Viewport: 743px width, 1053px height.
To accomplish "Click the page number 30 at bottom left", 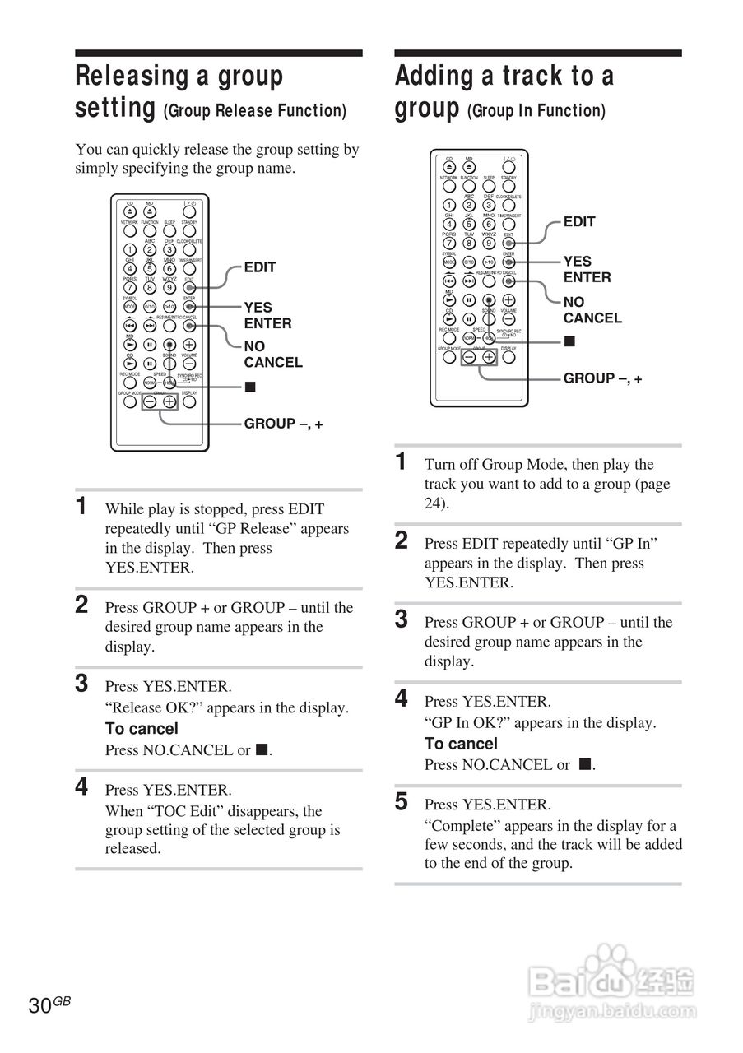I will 39,1005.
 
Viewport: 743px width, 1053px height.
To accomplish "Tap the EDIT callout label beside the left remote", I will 260,267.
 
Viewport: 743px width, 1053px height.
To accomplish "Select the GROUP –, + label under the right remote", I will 602,378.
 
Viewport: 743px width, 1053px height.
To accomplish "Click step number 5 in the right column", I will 402,802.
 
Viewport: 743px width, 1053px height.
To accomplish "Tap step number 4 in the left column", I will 82,787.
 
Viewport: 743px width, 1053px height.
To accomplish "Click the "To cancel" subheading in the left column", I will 142,729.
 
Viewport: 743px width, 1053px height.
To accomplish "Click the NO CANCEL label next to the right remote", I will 592,310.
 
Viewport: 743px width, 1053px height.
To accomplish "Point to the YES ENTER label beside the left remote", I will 267,315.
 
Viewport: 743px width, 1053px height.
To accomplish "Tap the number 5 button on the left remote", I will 150,268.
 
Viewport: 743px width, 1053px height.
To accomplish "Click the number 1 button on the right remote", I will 449,205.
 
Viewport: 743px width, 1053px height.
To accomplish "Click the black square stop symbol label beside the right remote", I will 569,341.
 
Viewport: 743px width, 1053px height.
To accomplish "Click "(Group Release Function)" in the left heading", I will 255,111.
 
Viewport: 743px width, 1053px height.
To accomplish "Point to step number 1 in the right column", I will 401,462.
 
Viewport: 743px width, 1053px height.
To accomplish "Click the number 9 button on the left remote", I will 169,287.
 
